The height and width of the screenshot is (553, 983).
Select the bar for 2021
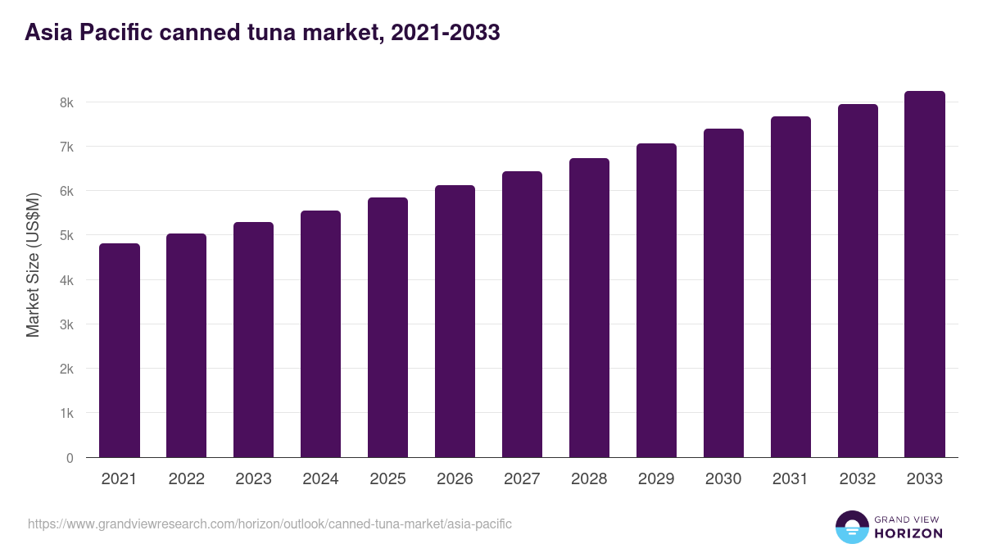click(x=120, y=351)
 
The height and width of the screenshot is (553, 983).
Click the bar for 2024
click(x=320, y=334)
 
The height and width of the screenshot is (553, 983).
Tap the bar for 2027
click(x=522, y=315)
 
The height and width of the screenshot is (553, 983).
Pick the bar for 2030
click(x=723, y=293)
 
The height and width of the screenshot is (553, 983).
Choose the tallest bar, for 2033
click(x=925, y=274)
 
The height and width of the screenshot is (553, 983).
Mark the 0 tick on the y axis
click(x=70, y=458)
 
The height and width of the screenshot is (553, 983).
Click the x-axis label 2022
click(x=186, y=479)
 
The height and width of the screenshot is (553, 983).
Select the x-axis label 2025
click(x=387, y=479)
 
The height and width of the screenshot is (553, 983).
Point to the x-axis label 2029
click(x=656, y=479)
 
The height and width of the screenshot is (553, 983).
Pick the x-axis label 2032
click(x=858, y=479)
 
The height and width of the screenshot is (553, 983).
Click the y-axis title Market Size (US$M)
click(x=33, y=264)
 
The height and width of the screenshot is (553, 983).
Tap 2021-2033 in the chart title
click(x=446, y=33)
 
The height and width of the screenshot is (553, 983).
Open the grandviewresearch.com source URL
click(x=270, y=524)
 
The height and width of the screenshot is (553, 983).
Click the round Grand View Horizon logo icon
click(x=851, y=528)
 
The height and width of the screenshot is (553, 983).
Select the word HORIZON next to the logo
click(x=908, y=533)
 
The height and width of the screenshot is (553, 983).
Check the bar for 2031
click(x=790, y=287)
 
